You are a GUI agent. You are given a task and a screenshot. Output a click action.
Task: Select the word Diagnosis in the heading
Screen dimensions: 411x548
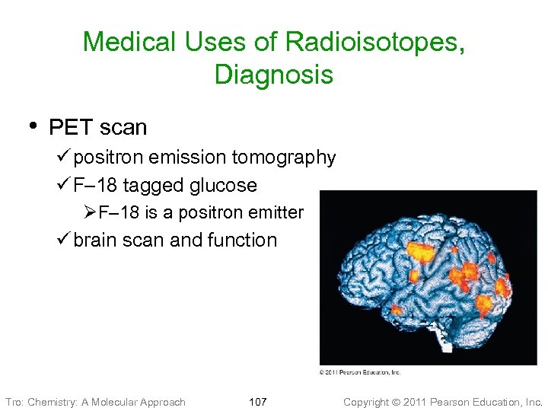click(x=274, y=75)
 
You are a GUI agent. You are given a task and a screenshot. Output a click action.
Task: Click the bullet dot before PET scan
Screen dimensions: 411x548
click(x=31, y=125)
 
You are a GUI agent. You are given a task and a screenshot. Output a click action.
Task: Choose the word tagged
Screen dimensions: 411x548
click(x=151, y=185)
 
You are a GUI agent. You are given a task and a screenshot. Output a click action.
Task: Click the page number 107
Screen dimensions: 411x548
click(x=258, y=402)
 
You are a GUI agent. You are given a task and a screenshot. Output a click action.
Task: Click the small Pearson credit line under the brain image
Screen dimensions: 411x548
click(x=359, y=372)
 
